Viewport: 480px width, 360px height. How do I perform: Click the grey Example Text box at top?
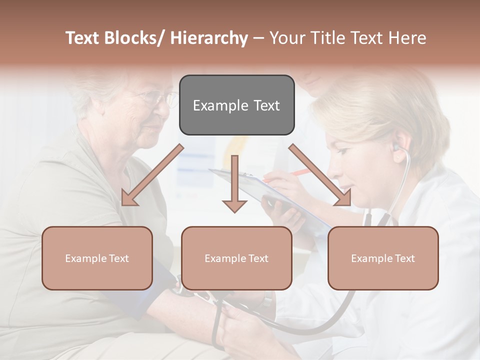point(236,105)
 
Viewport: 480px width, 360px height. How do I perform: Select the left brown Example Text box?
point(97,258)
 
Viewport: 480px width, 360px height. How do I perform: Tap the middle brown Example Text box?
point(236,258)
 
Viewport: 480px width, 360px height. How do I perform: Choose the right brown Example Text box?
point(383,258)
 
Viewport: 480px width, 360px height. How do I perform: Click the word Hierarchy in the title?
point(209,38)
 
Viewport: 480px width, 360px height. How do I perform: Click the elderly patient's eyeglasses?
point(159,97)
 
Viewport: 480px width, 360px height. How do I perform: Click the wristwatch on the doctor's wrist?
point(267,300)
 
